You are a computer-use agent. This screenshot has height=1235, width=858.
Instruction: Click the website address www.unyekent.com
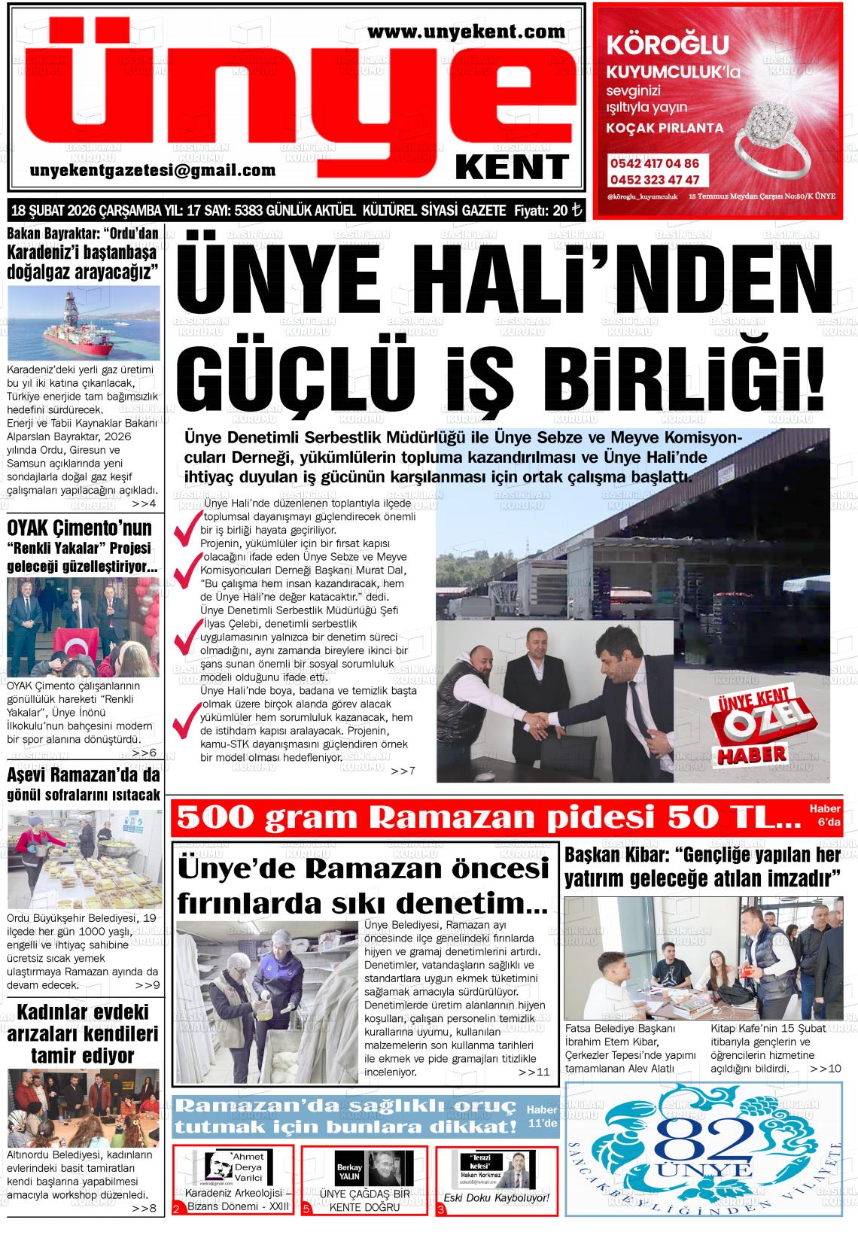467,32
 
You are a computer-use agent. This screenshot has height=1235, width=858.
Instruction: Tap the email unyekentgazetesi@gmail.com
153,171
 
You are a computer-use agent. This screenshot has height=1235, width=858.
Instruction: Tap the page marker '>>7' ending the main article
403,771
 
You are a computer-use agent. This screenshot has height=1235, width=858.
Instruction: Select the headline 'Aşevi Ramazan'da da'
83,774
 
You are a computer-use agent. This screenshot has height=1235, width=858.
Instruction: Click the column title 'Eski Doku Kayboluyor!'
496,1198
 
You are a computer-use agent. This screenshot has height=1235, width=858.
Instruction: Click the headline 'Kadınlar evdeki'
83,1010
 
